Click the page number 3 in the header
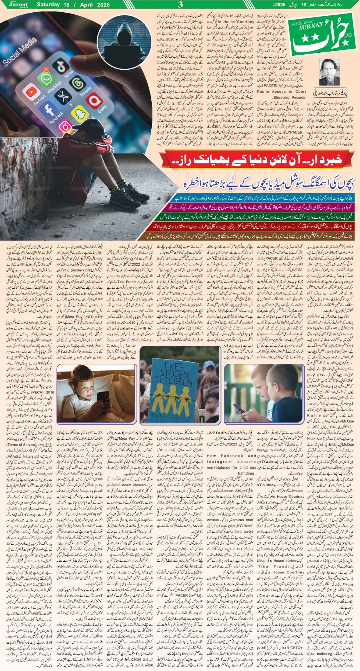point(180,5)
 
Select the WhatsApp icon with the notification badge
point(45,79)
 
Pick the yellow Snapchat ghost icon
point(79,114)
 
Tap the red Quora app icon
point(94,101)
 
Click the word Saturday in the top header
point(49,5)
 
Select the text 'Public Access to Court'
point(281,92)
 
